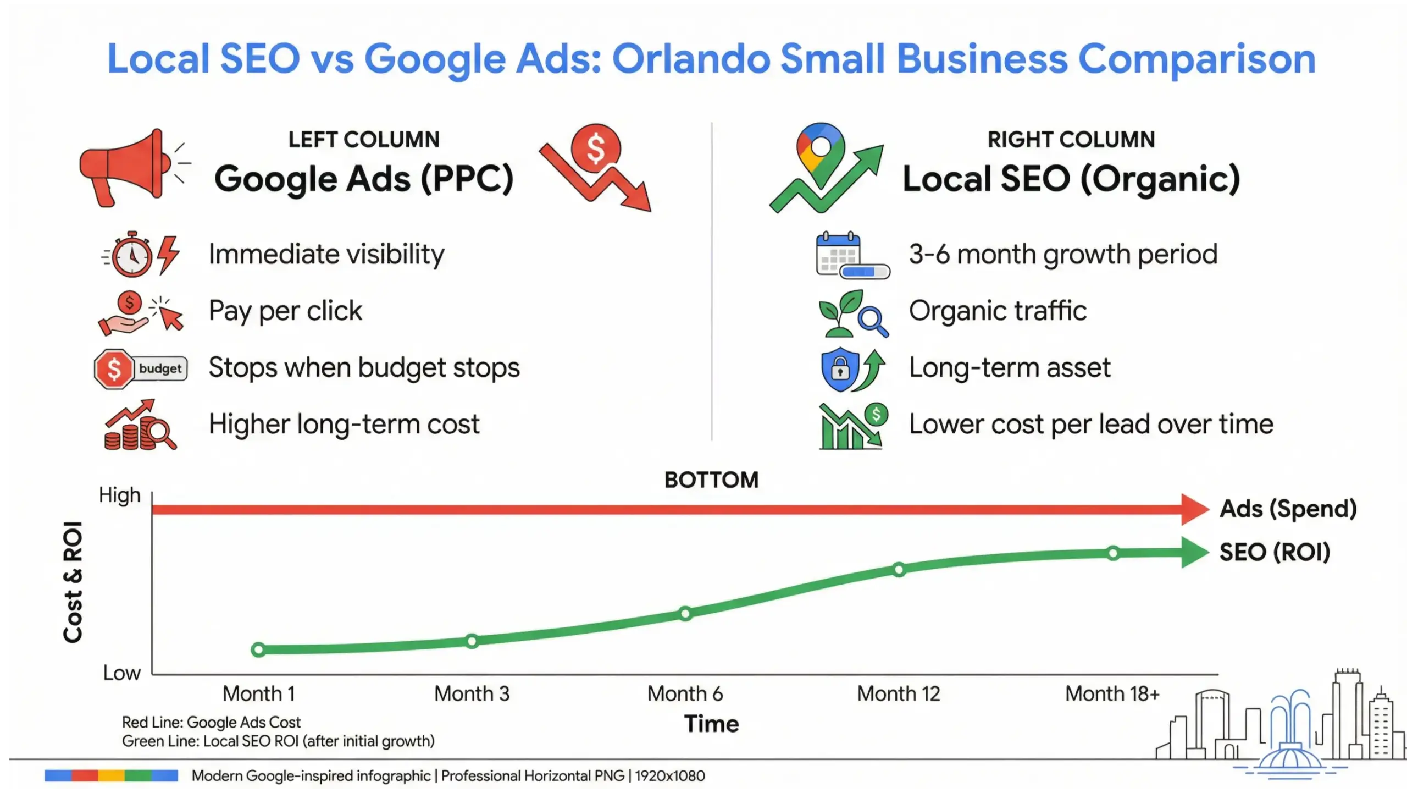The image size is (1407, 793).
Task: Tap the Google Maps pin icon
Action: pos(820,154)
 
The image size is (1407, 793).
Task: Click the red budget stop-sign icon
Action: pos(114,369)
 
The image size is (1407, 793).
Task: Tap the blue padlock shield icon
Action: pos(840,369)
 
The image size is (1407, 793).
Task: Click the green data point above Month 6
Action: pos(685,614)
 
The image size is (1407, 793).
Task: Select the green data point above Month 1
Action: pos(258,650)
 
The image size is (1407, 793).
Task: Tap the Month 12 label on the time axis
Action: pos(899,694)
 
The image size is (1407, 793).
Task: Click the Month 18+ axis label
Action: pos(1112,694)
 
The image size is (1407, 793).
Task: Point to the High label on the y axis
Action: pos(120,495)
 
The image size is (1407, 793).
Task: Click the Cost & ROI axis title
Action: pos(73,582)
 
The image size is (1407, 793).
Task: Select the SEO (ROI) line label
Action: pos(1275,552)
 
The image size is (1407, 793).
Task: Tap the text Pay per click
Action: pos(285,311)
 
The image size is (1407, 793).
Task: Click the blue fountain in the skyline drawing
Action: pos(1289,737)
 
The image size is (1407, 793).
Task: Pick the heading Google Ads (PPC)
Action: pos(364,179)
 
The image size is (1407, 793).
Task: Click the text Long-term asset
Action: pos(1010,368)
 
